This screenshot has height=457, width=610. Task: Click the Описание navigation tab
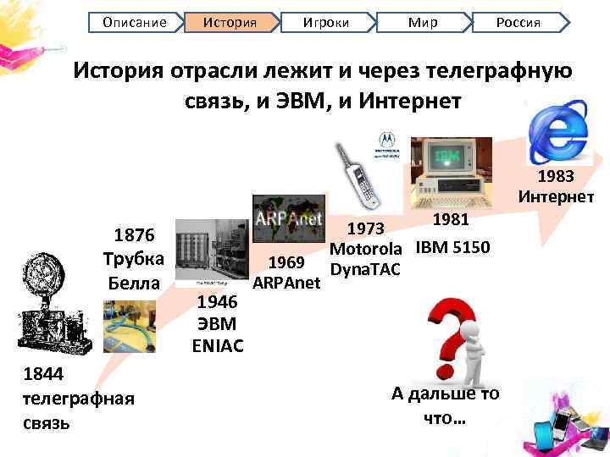(x=135, y=22)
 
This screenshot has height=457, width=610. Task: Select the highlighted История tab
(x=230, y=22)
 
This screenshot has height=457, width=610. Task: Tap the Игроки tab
(x=324, y=22)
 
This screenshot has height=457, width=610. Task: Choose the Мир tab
(x=422, y=22)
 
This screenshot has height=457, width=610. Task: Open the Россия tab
(x=518, y=22)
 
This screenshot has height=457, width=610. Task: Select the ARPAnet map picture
(x=287, y=220)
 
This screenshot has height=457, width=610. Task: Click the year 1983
(x=556, y=177)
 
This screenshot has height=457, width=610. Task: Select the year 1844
(x=41, y=374)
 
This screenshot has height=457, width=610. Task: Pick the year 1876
(x=134, y=234)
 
